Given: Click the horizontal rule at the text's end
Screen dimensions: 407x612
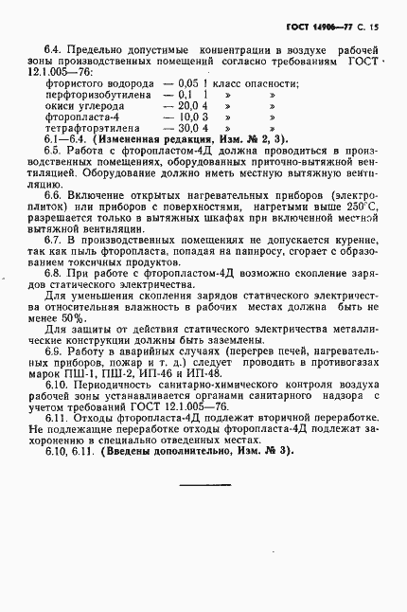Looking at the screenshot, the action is [x=204, y=484].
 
